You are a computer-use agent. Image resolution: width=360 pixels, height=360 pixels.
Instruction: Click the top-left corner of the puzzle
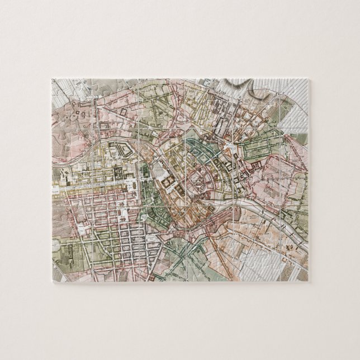52,79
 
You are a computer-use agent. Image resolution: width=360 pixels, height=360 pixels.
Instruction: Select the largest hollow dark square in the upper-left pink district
122,113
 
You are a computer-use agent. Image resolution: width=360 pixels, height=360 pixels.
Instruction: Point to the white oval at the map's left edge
55,244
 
